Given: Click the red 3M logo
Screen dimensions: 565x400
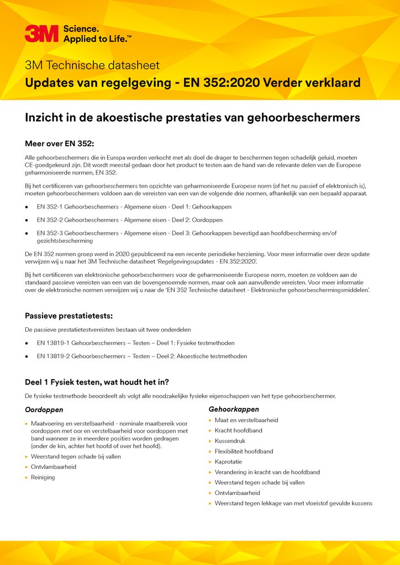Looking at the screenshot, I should [x=41, y=33].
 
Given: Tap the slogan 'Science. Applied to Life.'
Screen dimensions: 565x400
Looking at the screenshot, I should [x=97, y=33].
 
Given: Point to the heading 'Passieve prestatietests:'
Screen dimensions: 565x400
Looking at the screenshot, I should [x=69, y=316].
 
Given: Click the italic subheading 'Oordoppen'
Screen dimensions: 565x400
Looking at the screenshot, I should [x=44, y=410].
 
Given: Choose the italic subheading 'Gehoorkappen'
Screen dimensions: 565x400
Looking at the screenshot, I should [x=234, y=409].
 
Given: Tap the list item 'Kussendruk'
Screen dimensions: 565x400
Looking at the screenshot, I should [x=230, y=441].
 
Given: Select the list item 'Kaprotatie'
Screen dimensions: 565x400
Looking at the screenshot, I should [x=228, y=462].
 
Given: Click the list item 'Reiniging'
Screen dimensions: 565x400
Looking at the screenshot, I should [x=43, y=477].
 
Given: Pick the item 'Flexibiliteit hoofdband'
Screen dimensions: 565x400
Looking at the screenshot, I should [x=244, y=451].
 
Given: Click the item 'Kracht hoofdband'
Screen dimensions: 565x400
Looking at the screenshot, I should [x=238, y=430].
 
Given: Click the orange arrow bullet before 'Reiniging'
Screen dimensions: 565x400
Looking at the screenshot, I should [x=27, y=477].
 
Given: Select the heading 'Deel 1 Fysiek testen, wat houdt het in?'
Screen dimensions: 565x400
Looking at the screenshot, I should [x=97, y=382].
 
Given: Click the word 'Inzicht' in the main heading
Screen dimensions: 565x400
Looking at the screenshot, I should [x=45, y=118].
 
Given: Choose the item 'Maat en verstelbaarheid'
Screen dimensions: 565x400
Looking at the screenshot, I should [x=246, y=420].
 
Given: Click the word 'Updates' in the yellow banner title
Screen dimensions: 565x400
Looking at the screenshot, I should [x=50, y=83].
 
